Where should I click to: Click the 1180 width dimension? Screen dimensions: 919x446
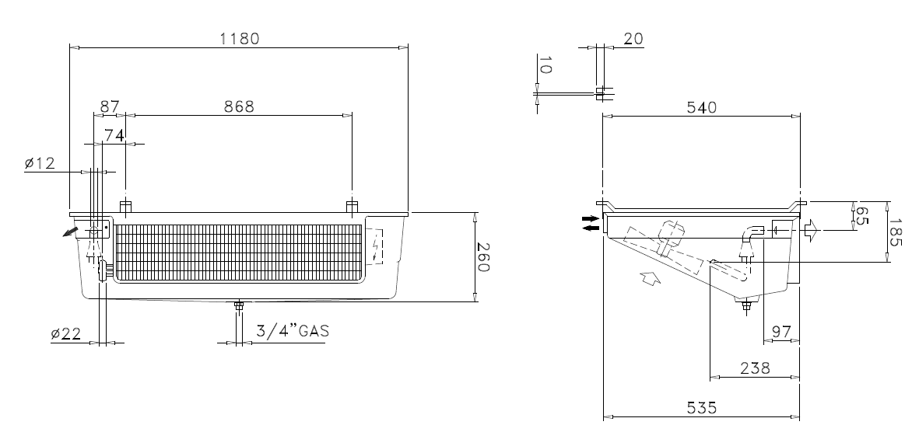tap(239, 39)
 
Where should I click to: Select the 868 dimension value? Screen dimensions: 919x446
tap(239, 106)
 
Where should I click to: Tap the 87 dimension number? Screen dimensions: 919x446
tap(110, 106)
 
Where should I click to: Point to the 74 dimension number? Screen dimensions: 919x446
tap(114, 136)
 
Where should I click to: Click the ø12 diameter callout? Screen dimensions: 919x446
tap(40, 163)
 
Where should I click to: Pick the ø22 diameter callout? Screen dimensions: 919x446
tap(65, 334)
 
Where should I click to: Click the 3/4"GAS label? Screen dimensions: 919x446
tap(293, 331)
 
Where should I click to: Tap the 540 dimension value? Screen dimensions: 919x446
tap(702, 108)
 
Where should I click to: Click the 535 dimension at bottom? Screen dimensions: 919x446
tap(702, 407)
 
